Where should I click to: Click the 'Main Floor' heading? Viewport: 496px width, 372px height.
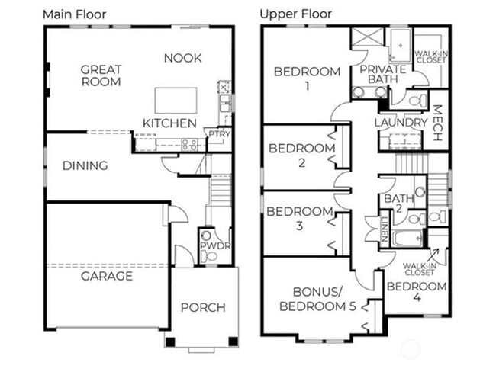click(74, 14)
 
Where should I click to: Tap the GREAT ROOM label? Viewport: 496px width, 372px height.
click(101, 75)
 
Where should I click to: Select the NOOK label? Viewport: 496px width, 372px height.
click(182, 58)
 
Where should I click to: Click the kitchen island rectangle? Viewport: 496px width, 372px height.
click(176, 100)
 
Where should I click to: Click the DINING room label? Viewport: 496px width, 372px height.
click(85, 165)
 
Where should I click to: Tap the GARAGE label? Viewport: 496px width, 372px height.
click(107, 276)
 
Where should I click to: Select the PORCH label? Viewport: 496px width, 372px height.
click(203, 307)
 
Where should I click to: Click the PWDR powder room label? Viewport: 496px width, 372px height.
click(210, 246)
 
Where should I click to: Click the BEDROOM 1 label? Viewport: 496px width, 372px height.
click(307, 79)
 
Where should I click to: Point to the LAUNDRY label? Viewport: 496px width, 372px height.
click(401, 123)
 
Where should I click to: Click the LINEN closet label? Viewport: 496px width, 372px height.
click(383, 226)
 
